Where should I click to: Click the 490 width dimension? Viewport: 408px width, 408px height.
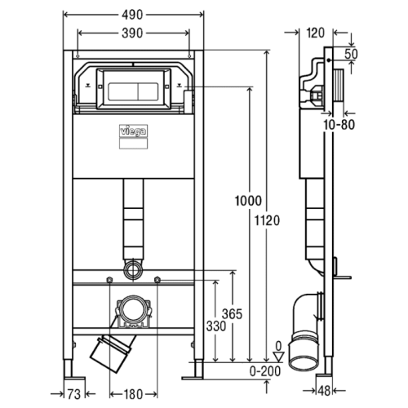pos(132,15)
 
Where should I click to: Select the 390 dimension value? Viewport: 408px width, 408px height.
pos(132,33)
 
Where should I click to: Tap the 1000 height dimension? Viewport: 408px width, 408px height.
pos(248,201)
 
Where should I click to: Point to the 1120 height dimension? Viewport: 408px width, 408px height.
pos(267,220)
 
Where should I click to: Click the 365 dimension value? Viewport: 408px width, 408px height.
pos(232,314)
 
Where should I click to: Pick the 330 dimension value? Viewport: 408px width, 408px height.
pos(216,326)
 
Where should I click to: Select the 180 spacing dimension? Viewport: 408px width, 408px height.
pos(133,394)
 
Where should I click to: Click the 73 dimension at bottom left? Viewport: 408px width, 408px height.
pos(74,394)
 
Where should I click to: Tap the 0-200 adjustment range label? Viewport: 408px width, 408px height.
pos(265,371)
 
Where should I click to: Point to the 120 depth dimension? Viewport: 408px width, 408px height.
pos(316,33)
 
